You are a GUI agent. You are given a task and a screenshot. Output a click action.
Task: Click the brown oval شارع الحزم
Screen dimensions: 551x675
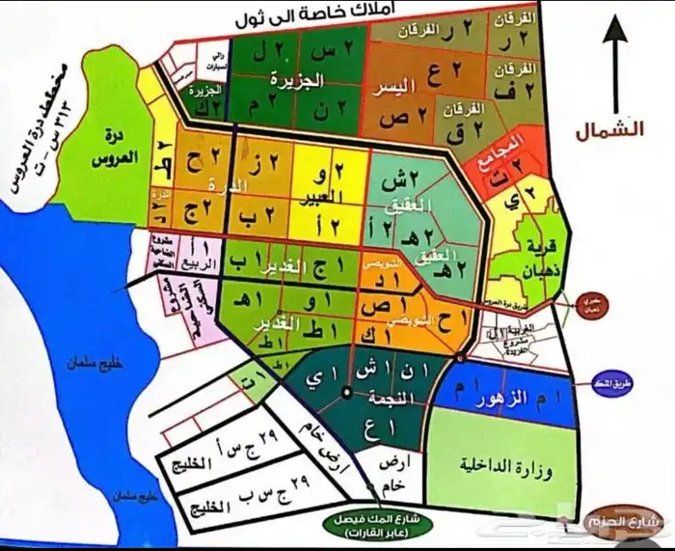click(x=625, y=524)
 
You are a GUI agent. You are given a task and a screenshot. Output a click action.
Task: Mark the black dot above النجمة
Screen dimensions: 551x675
click(x=347, y=391)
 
